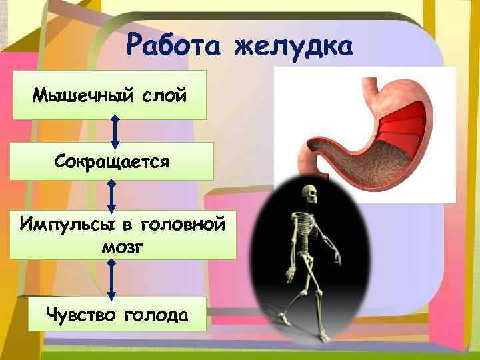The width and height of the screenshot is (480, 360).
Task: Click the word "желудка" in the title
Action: pyautogui.click(x=294, y=47)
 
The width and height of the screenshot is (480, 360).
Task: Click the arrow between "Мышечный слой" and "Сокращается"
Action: pyautogui.click(x=115, y=131)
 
